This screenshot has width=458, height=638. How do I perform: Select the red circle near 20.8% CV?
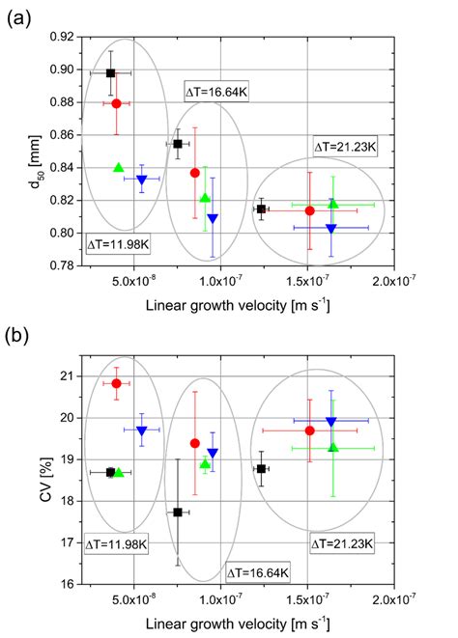tap(117, 383)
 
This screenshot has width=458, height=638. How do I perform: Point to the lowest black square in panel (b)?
tap(178, 513)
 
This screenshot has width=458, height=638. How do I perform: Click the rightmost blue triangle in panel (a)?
tap(331, 229)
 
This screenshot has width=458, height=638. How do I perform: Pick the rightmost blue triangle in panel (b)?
tap(331, 422)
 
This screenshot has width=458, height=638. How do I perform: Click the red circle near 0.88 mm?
tap(117, 103)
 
